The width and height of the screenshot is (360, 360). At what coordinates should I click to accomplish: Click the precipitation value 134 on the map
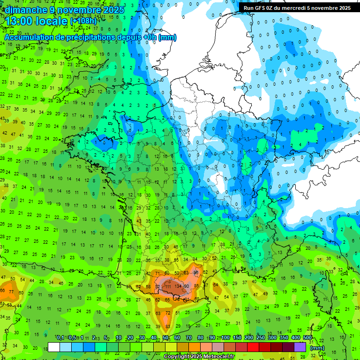click(178, 286)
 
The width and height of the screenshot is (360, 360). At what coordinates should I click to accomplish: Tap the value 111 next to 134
click(167, 286)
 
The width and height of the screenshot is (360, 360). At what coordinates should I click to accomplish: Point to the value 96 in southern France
click(196, 272)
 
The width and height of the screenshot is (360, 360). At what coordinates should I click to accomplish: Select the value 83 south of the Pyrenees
click(168, 326)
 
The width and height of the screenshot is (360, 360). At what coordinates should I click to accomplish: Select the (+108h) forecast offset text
click(84, 22)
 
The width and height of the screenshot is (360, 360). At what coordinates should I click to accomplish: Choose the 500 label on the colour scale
click(307, 337)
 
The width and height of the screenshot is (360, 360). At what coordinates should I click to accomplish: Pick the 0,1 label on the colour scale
click(60, 337)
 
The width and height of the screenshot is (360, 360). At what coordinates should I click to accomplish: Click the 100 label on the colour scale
click(225, 337)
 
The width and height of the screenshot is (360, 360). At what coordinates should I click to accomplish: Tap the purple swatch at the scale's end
click(300, 347)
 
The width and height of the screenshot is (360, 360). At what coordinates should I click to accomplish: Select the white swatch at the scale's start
click(54, 347)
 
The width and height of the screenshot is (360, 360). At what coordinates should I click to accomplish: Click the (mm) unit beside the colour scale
click(317, 348)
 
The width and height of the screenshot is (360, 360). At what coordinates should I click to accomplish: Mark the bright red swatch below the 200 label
click(253, 347)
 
